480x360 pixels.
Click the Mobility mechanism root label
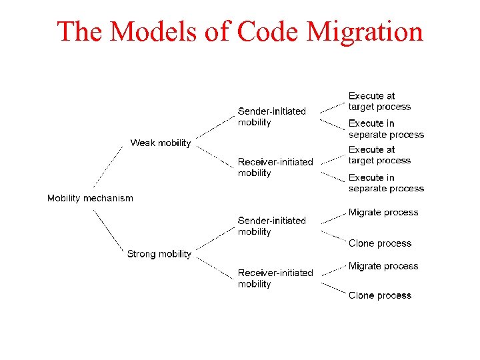90,198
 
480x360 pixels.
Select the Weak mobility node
160,143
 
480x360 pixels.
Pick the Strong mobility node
159,254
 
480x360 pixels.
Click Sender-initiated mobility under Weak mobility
271,117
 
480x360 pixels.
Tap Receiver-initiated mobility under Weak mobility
275,167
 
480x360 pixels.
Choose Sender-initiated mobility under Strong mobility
271,226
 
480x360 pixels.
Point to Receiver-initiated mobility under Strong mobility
275,278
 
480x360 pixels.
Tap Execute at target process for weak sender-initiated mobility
379,101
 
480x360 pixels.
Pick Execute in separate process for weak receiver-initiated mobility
386,183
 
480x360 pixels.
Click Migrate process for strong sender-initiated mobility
383,213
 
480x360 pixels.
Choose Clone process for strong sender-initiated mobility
380,243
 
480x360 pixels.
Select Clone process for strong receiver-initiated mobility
380,295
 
